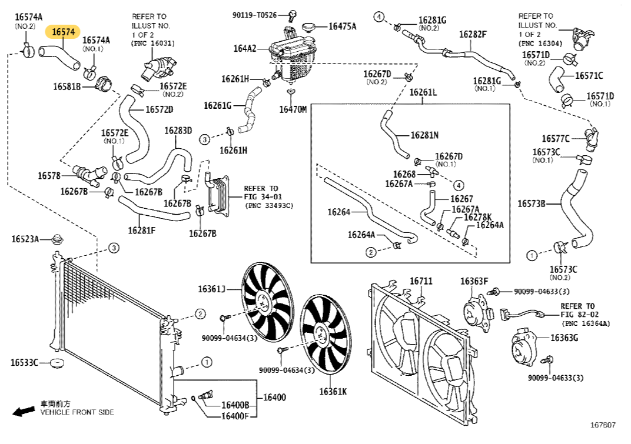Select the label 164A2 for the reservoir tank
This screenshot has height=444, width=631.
245,49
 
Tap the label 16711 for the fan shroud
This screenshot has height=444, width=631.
421,282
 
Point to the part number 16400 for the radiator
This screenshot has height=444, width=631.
274,398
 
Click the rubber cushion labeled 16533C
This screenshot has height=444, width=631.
57,363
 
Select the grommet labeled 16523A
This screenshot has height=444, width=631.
58,239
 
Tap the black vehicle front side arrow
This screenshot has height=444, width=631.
24,411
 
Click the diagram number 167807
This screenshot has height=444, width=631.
603,425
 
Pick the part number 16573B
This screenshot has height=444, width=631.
531,204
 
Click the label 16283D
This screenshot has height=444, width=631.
178,131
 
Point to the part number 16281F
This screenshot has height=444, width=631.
142,230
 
